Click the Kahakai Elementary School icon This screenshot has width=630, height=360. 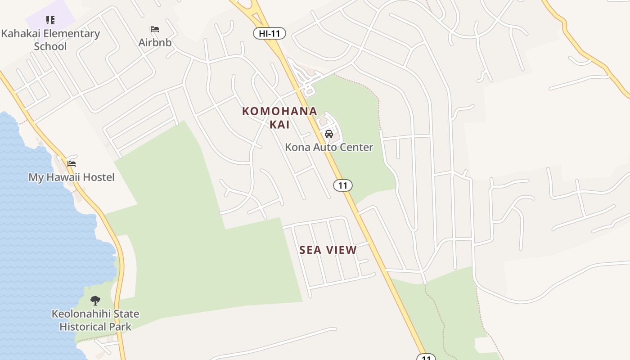(50, 20)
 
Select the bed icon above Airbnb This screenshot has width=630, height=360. (155, 30)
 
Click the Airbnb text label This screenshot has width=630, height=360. (155, 43)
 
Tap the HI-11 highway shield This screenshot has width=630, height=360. (269, 33)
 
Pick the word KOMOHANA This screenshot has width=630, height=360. (279, 111)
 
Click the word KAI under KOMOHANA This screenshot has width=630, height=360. (279, 125)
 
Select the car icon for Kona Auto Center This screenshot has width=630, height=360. (329, 134)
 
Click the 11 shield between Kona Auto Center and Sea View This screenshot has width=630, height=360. (343, 185)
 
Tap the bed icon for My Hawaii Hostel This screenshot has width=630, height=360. (72, 164)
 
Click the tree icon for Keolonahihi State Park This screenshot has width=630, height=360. (95, 301)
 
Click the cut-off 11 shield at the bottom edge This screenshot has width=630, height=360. (426, 357)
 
